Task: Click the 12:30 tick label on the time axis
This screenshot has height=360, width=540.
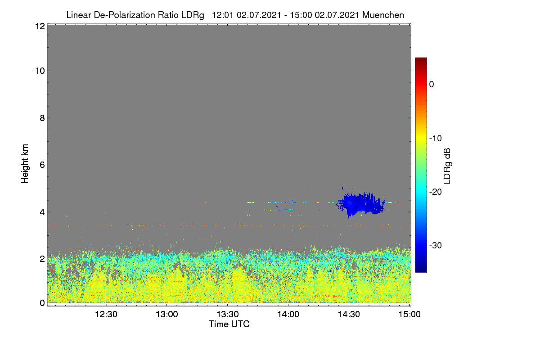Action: click(106, 315)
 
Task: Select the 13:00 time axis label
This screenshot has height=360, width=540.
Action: click(167, 315)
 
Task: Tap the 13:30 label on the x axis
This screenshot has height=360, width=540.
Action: click(228, 315)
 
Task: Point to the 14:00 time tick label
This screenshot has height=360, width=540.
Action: click(288, 315)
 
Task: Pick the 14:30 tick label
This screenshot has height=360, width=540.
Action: click(349, 315)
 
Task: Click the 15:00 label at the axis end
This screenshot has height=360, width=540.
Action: click(409, 315)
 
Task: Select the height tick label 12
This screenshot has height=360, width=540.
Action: click(40, 26)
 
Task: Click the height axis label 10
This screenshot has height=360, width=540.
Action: click(40, 71)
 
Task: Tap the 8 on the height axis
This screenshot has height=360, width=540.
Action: click(42, 118)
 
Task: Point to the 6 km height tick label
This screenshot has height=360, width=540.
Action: click(42, 165)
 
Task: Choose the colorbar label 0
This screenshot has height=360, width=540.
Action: click(432, 85)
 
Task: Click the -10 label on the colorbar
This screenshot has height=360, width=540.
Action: click(436, 139)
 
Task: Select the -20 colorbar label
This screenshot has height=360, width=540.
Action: click(436, 192)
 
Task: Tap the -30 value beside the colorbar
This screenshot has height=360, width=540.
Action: click(436, 246)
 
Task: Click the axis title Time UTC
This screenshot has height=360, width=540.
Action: click(229, 324)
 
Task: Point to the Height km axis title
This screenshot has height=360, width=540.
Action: click(25, 164)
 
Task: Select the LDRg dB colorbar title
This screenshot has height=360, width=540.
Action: click(447, 166)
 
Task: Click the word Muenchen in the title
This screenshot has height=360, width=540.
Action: click(383, 15)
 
